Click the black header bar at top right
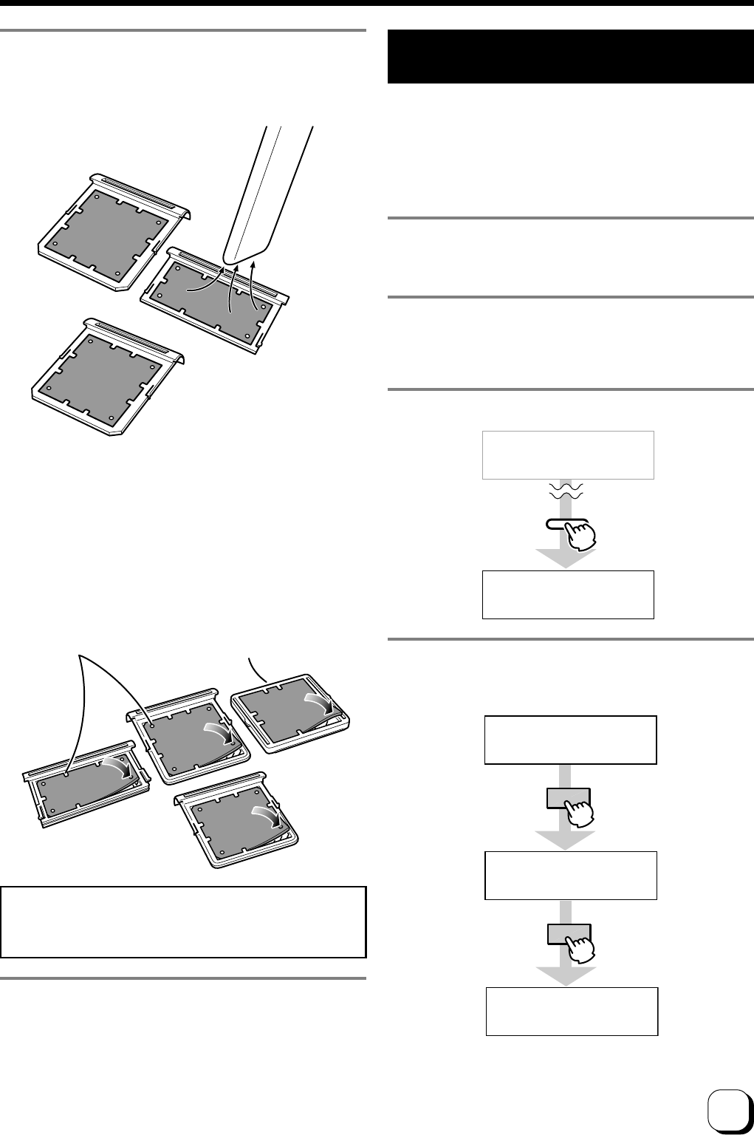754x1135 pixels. click(569, 57)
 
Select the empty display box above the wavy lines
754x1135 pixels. click(568, 455)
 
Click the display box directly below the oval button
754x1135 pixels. click(568, 594)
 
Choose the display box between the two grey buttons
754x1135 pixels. click(570, 875)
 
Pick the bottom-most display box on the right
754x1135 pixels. click(572, 1011)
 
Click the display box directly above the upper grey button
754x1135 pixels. click(570, 739)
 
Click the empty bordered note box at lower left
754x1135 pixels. click(184, 921)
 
